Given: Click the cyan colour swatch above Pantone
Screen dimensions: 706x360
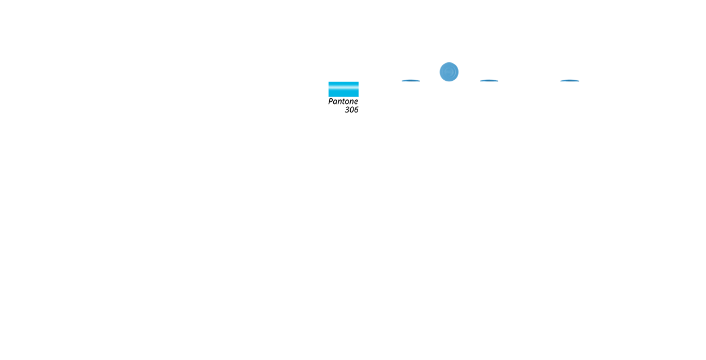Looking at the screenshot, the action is [x=343, y=89].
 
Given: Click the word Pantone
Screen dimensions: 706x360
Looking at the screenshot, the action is [x=343, y=102].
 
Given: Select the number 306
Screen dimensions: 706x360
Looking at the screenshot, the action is [x=351, y=110].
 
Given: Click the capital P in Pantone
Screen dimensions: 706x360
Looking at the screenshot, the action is [x=330, y=102].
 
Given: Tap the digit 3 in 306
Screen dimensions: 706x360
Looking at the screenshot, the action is [x=347, y=110].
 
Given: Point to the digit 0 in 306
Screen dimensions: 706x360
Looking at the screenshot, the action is [x=351, y=110].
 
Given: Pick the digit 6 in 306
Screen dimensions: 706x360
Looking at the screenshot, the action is [x=356, y=110].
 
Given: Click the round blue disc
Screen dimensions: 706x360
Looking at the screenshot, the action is [x=449, y=72].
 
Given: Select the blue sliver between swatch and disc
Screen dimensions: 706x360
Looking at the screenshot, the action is [x=411, y=81].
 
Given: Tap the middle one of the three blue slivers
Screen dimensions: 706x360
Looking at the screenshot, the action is [x=489, y=81].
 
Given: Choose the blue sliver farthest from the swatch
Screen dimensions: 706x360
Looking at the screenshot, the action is [x=569, y=81].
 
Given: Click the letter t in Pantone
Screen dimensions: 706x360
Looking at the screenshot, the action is [x=342, y=102].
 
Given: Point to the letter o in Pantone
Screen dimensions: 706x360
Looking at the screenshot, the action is [x=346, y=102].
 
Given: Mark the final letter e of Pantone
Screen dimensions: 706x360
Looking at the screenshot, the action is [x=356, y=102].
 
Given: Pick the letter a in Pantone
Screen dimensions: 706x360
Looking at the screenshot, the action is [x=335, y=102].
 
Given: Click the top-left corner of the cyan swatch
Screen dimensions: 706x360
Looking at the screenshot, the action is [x=328, y=82].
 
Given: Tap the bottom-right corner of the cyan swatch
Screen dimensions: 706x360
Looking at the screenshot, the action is [x=358, y=97].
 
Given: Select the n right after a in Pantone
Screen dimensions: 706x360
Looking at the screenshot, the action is [x=338, y=102].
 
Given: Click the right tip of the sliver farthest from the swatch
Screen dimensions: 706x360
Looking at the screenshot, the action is [x=579, y=81].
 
